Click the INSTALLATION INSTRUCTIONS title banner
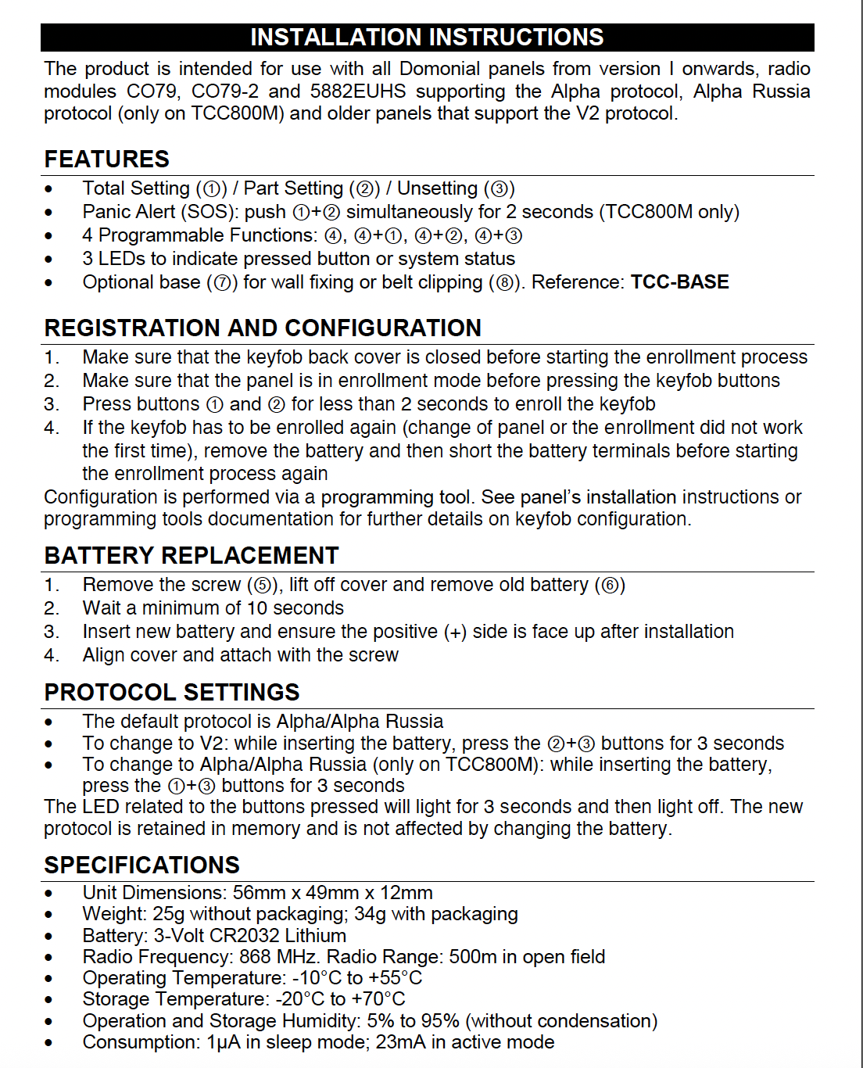click(x=427, y=38)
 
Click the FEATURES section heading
click(x=107, y=159)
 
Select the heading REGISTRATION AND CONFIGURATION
click(x=263, y=328)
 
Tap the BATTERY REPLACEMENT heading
click(x=192, y=556)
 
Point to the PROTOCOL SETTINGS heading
click(x=172, y=693)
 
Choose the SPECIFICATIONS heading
click(x=142, y=866)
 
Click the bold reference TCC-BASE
click(x=679, y=282)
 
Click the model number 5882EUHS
click(x=358, y=91)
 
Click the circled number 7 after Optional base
click(x=222, y=283)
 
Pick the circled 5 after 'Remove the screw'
click(x=263, y=586)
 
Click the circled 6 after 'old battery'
click(x=610, y=586)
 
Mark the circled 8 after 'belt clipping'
click(x=505, y=283)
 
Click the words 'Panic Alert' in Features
click(x=129, y=212)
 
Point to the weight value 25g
click(x=168, y=914)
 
